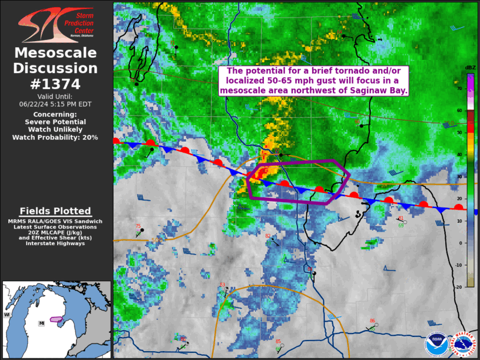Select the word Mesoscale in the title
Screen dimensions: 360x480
point(55,53)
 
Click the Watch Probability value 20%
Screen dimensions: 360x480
point(90,137)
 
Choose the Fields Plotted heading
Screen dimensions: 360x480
point(55,211)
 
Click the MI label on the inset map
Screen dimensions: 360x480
point(41,323)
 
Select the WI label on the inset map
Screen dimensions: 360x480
point(8,315)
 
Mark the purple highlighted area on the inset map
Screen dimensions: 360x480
point(57,319)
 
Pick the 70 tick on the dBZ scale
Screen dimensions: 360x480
point(460,88)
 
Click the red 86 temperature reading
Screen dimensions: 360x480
point(372,321)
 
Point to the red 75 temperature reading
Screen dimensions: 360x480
point(138,226)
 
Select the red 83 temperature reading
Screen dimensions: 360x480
point(222,285)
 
